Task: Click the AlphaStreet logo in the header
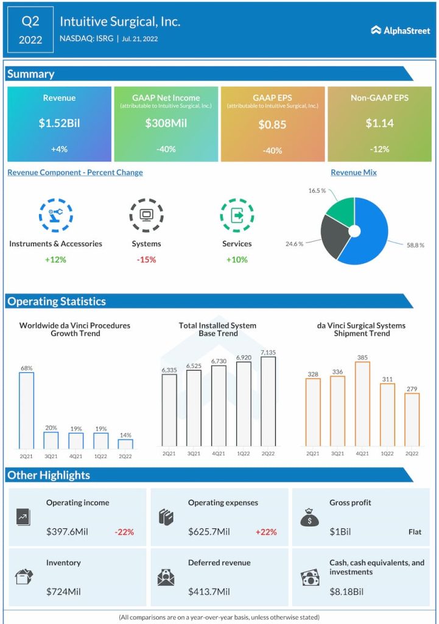[x=400, y=30]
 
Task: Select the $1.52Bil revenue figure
[x=59, y=123]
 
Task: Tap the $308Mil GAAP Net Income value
[x=166, y=123]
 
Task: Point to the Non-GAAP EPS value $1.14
[x=379, y=123]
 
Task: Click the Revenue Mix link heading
[x=354, y=172]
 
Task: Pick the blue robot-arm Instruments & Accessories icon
[x=55, y=215]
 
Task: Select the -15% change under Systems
[x=146, y=260]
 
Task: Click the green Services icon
[x=237, y=215]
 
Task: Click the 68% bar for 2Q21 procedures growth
[x=26, y=410]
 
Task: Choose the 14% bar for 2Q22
[x=125, y=444]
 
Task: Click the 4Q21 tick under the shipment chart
[x=362, y=453]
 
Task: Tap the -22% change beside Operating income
[x=124, y=532]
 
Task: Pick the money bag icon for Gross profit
[x=309, y=517]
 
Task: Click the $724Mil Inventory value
[x=63, y=591]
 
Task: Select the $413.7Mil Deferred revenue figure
[x=209, y=591]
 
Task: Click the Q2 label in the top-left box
[x=30, y=21]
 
